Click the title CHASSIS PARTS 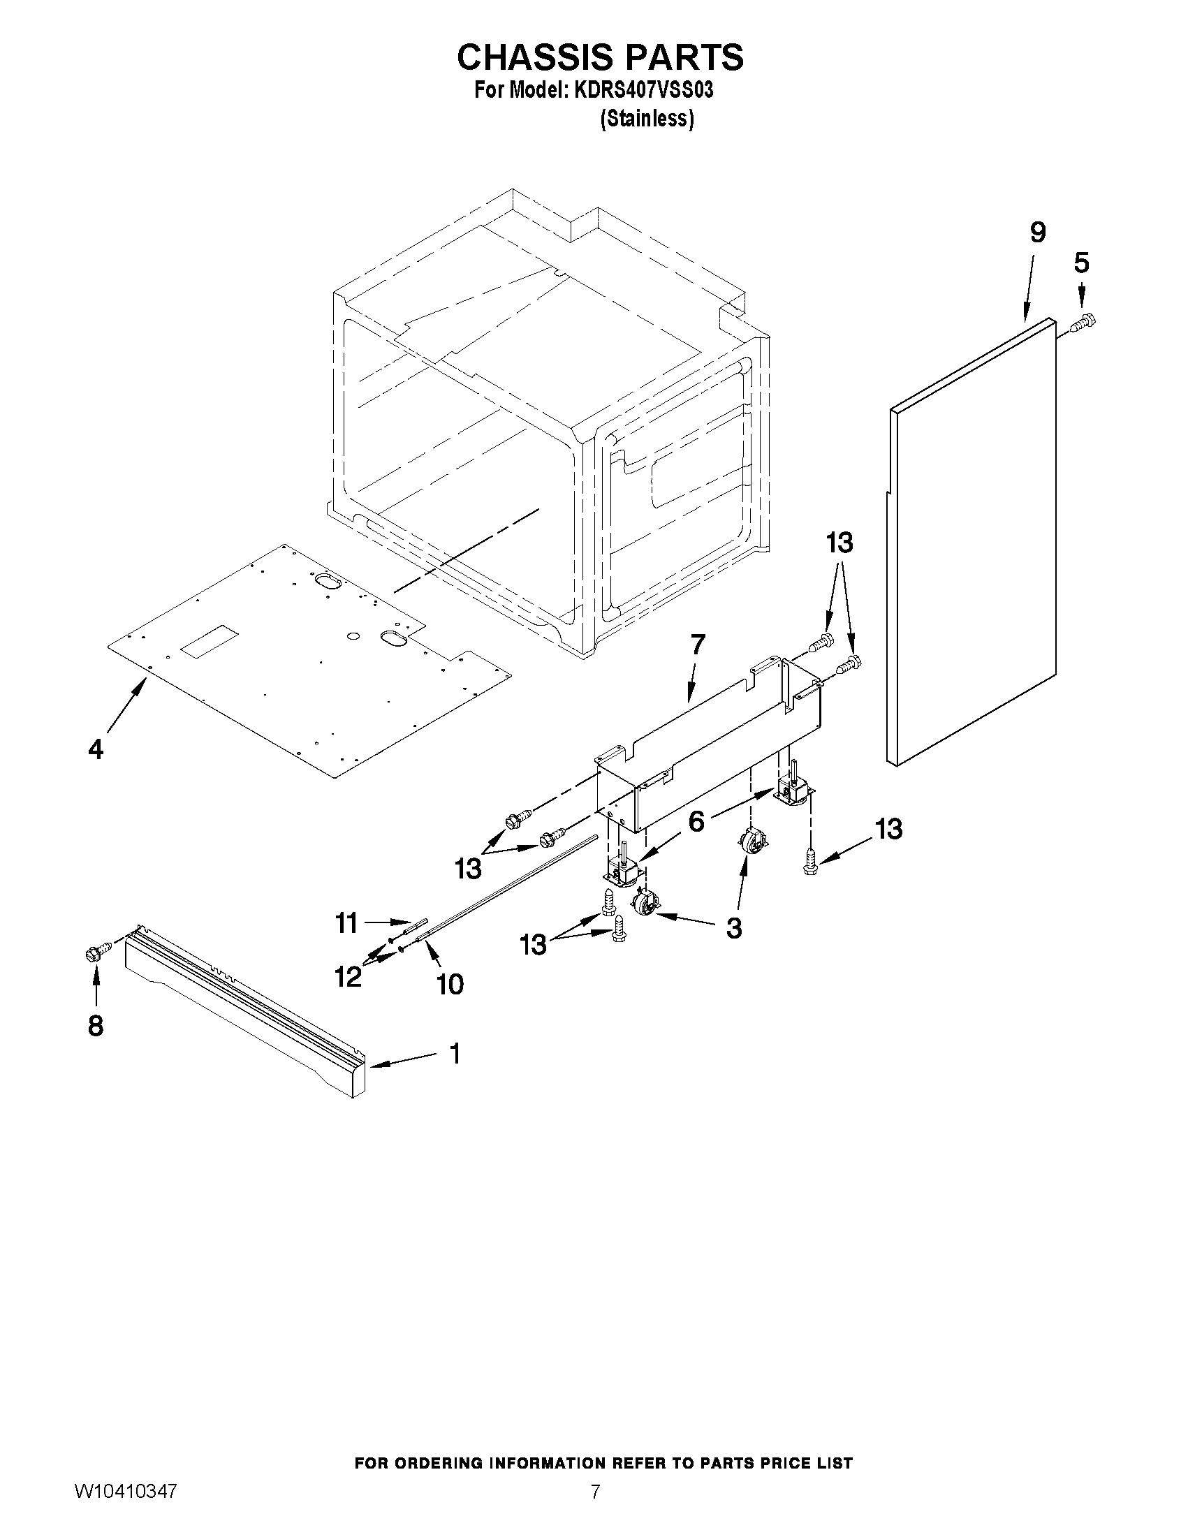pyautogui.click(x=600, y=58)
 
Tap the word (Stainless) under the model pyautogui.click(x=647, y=119)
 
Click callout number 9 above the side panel pyautogui.click(x=1037, y=232)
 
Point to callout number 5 pyautogui.click(x=1081, y=263)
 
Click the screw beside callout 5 pyautogui.click(x=1085, y=323)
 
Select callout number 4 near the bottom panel pyautogui.click(x=96, y=749)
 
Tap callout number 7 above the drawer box pyautogui.click(x=698, y=644)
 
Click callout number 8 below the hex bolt pyautogui.click(x=96, y=1026)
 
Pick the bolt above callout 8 pyautogui.click(x=97, y=953)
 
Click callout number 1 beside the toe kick pyautogui.click(x=455, y=1054)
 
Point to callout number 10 pyautogui.click(x=450, y=985)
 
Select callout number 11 pyautogui.click(x=347, y=922)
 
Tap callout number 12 pyautogui.click(x=349, y=976)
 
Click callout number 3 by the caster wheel pyautogui.click(x=733, y=928)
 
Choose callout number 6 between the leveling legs pyautogui.click(x=696, y=821)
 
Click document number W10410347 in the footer pyautogui.click(x=124, y=1511)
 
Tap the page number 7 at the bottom pyautogui.click(x=596, y=1511)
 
